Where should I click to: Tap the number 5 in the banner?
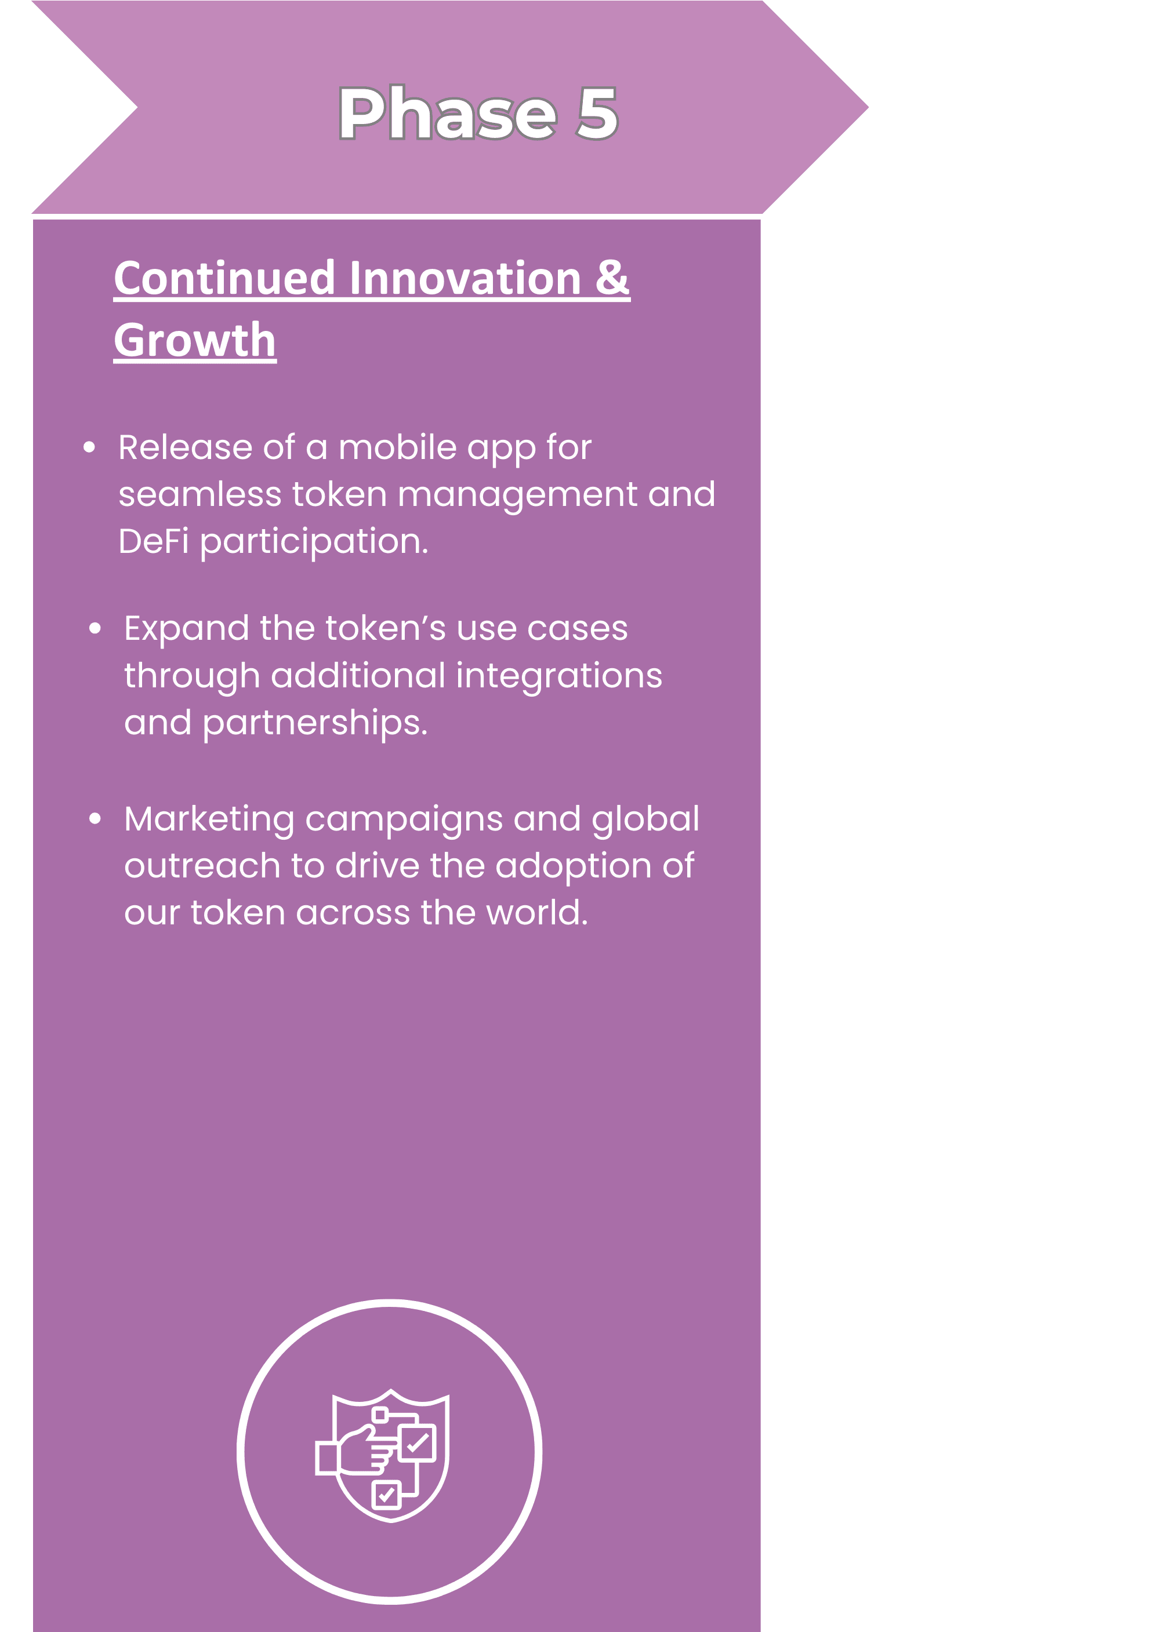[597, 114]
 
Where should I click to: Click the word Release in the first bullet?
[185, 448]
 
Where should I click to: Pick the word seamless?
[200, 495]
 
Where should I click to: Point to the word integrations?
[559, 676]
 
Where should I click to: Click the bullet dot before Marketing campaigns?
[95, 819]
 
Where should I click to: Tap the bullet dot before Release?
[89, 447]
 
